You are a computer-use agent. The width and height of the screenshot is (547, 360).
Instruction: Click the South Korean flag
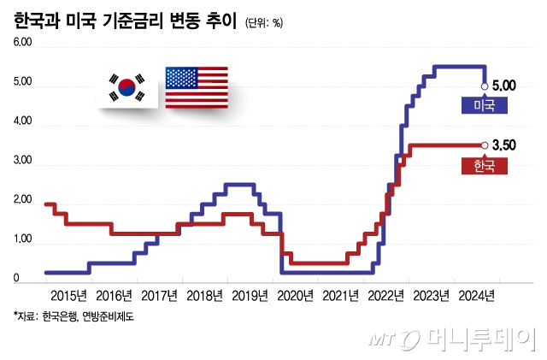point(126,87)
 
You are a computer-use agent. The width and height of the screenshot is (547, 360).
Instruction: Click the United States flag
point(196,87)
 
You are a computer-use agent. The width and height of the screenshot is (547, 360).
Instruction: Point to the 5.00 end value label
point(504,86)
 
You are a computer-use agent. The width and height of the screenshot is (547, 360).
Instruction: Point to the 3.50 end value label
point(504,145)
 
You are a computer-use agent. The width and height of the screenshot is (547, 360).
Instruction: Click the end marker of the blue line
point(485,86)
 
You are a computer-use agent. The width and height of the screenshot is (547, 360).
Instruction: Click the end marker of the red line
point(485,145)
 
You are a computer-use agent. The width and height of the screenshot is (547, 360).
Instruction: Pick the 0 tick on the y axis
point(16,280)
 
